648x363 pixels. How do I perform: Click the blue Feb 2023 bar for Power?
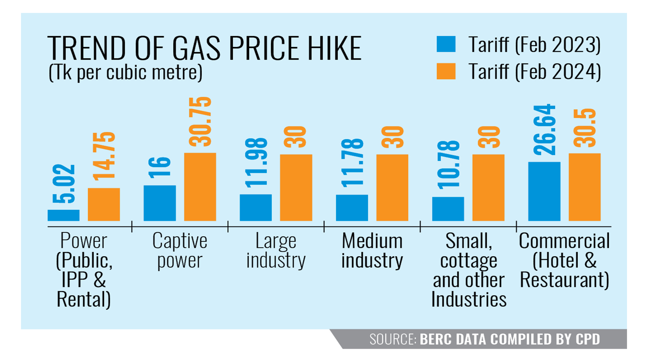64,215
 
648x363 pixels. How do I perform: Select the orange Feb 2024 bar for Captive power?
200,187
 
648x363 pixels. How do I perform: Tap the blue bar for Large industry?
256,207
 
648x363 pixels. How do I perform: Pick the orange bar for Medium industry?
392,187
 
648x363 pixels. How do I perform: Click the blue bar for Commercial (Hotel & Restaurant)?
544,191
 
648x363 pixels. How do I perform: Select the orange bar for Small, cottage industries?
488,187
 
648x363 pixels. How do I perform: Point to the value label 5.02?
64,184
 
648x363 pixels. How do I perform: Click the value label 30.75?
200,121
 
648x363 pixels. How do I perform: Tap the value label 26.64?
544,129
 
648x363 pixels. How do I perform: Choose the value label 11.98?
256,163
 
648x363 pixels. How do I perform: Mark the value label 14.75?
104,156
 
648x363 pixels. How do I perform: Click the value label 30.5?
584,128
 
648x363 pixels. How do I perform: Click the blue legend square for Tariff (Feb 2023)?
446,44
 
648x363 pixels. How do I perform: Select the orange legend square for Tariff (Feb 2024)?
446,71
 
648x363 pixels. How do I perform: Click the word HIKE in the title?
334,48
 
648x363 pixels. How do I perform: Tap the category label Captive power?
180,251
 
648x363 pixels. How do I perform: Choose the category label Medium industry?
372,251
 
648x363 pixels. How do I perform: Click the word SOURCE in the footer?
393,339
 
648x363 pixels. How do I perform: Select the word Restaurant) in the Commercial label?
564,280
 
